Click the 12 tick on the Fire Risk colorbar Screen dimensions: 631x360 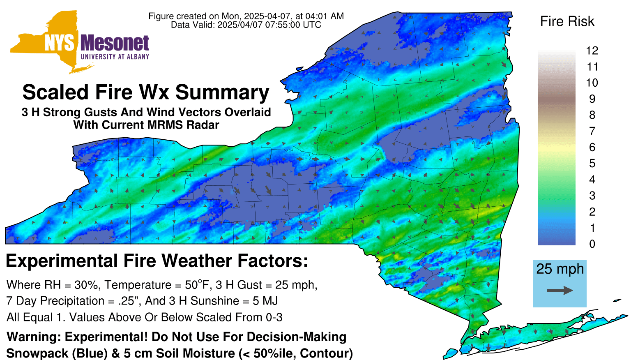point(592,51)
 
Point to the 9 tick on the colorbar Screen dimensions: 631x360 point(592,99)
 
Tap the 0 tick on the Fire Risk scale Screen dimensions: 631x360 point(592,244)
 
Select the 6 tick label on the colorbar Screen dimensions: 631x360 point(592,147)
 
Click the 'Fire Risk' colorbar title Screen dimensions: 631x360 point(567,21)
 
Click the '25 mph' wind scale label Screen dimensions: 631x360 point(560,269)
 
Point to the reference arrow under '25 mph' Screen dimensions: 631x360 point(560,290)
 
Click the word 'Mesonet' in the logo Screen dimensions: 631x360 point(115,43)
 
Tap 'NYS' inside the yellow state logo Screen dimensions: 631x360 point(60,43)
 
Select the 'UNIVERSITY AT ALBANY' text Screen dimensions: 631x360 point(115,57)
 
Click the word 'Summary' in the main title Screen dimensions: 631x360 point(222,92)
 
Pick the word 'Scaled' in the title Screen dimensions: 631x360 point(55,92)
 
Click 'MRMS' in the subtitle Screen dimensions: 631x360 point(163,125)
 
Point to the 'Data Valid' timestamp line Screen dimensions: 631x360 point(246,25)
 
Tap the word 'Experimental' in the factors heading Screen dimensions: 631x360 point(62,261)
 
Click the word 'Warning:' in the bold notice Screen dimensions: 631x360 point(34,337)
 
